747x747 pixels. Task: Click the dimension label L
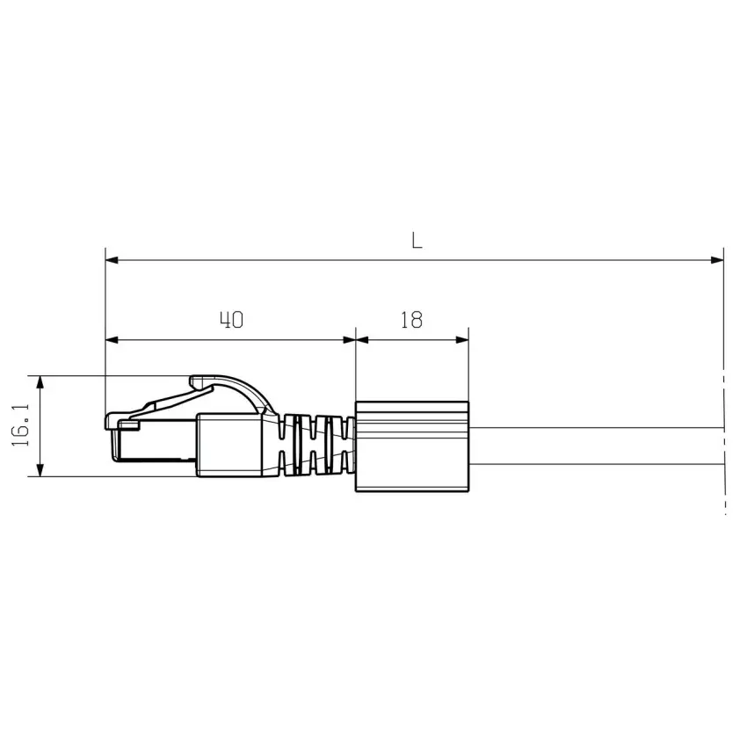417,241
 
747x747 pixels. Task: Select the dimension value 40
232,320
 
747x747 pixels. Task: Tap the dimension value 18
411,320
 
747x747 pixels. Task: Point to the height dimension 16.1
21,425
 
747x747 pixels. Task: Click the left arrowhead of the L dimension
112,260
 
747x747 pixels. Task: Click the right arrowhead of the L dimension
717,260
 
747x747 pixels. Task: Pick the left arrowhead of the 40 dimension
112,340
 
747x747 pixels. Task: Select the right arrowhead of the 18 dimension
462,340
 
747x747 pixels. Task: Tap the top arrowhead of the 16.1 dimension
40,382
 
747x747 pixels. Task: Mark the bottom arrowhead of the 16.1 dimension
40,470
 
